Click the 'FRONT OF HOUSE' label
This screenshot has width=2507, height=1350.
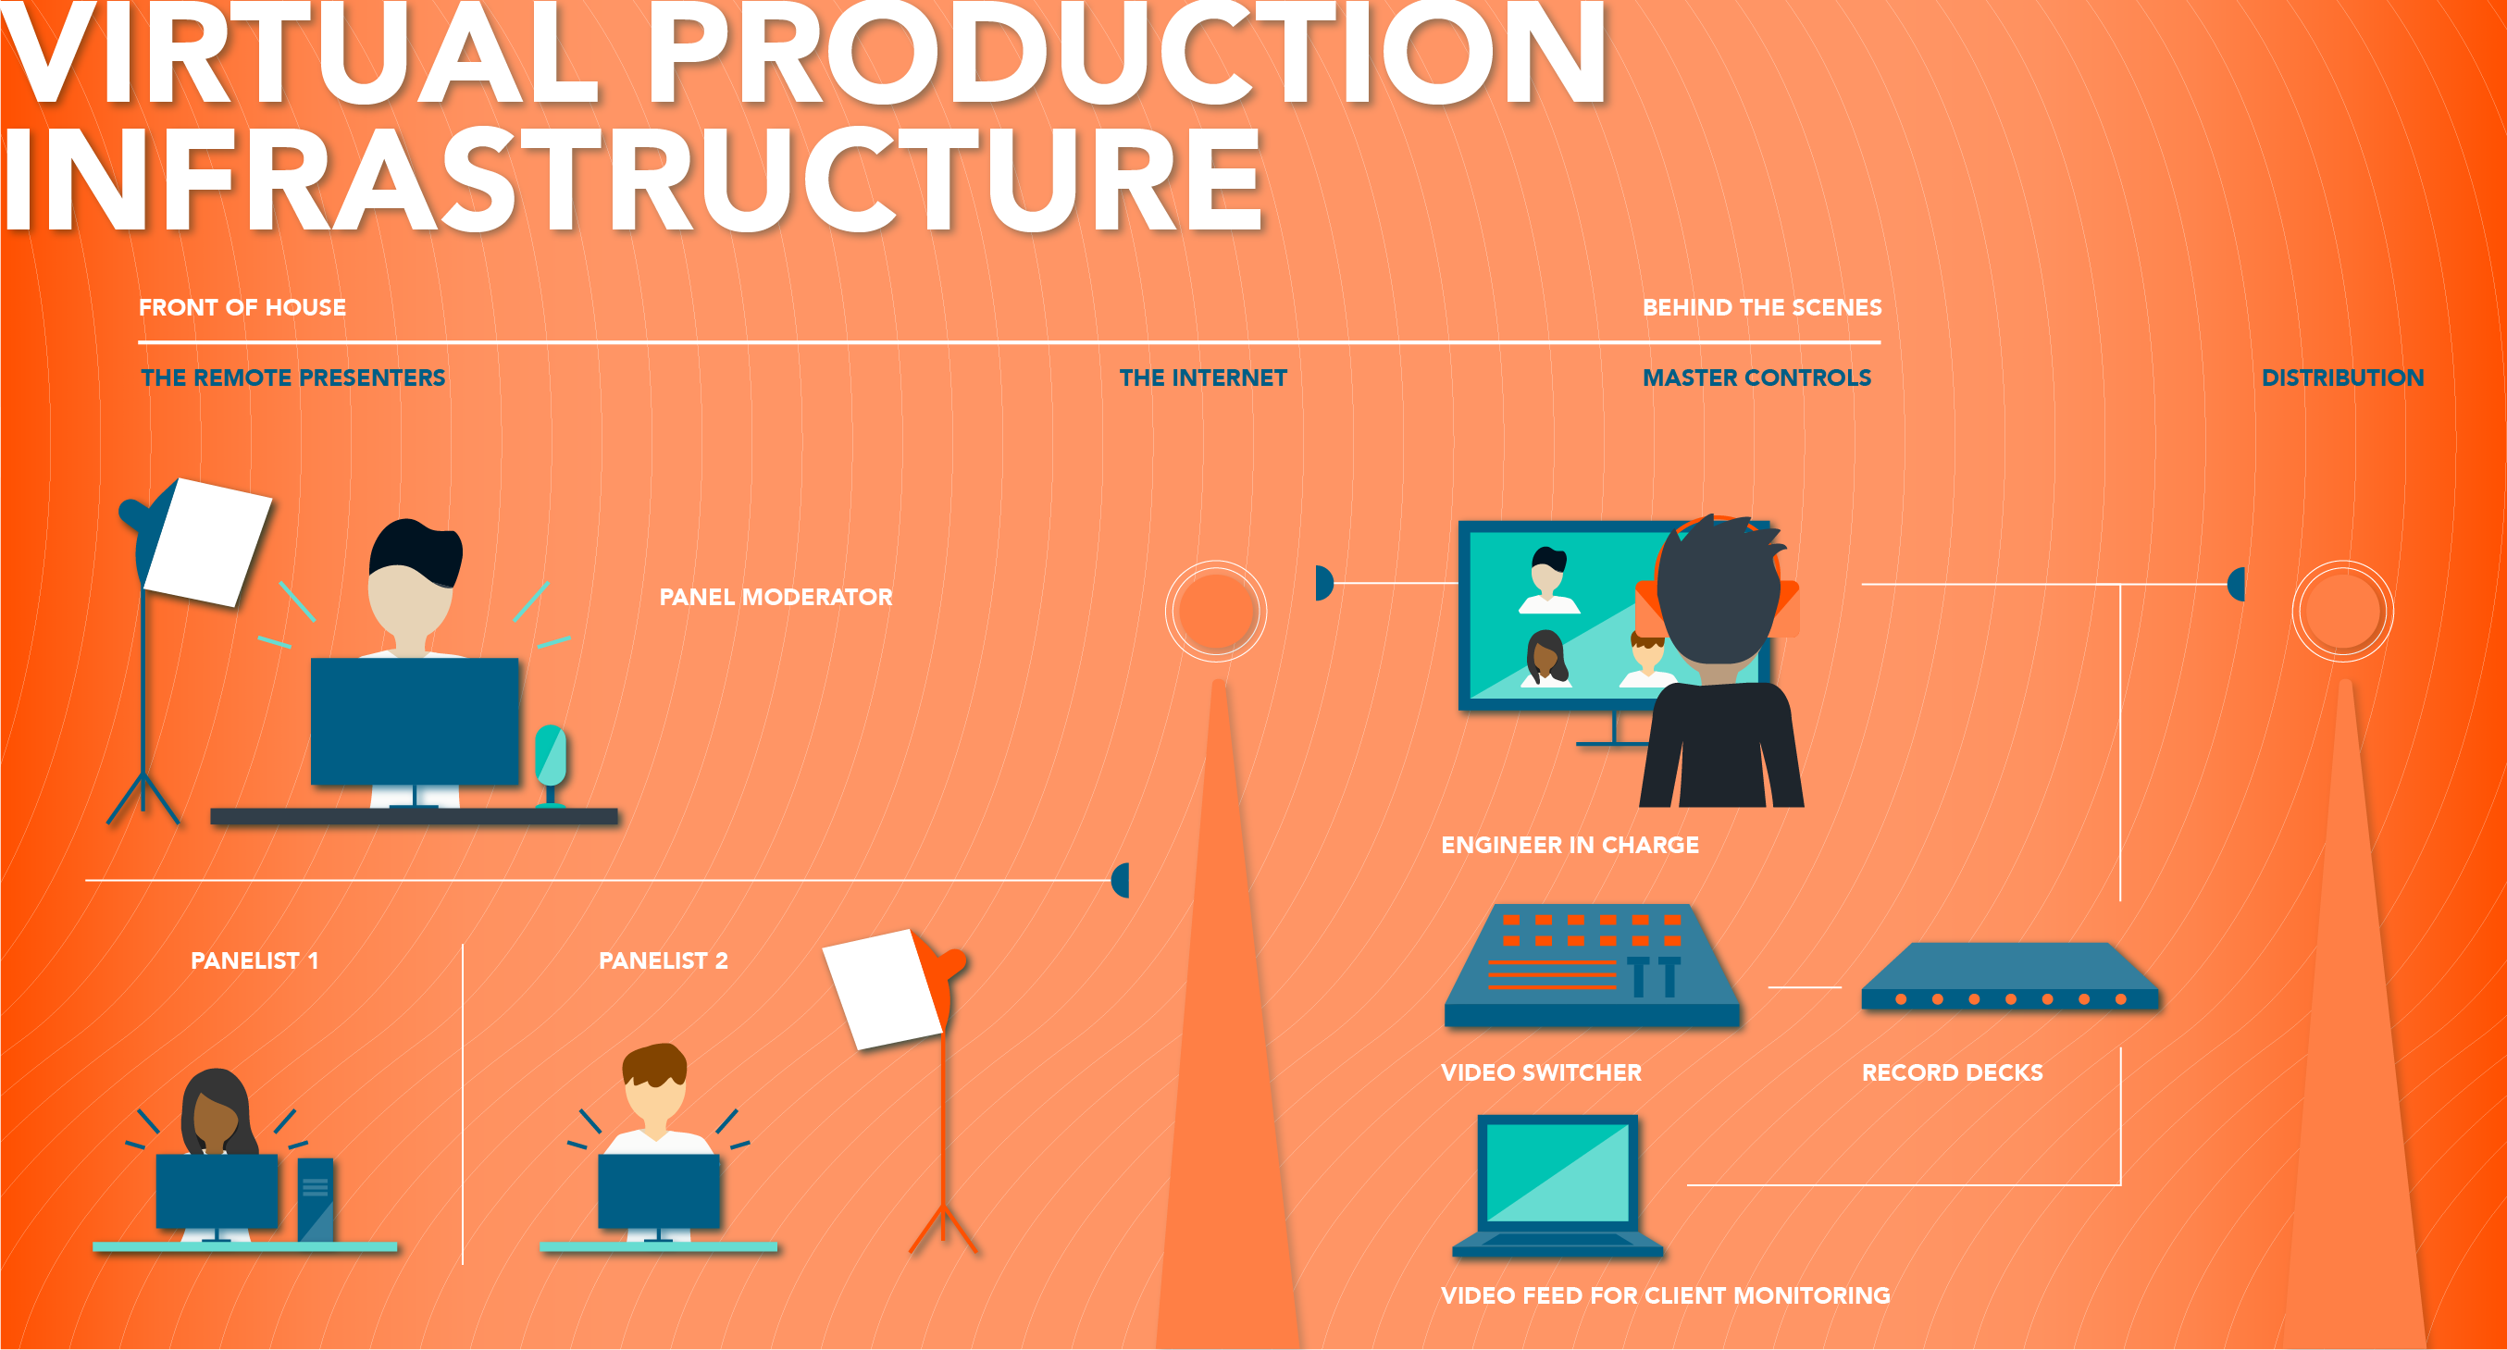pyautogui.click(x=242, y=307)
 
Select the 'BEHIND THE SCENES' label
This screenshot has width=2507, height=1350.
pyautogui.click(x=1761, y=307)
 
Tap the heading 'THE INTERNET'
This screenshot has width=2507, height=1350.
pyautogui.click(x=1203, y=378)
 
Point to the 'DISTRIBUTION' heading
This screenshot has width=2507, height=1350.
pyautogui.click(x=2342, y=378)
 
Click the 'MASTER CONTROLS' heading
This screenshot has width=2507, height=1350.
pyautogui.click(x=1756, y=378)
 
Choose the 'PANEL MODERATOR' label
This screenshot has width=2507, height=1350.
pyautogui.click(x=776, y=597)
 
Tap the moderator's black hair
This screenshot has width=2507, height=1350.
pyautogui.click(x=416, y=551)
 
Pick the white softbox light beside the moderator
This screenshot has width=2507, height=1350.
pyautogui.click(x=207, y=542)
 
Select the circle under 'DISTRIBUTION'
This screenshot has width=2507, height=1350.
pyautogui.click(x=2342, y=612)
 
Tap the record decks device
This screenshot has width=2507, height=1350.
pyautogui.click(x=2010, y=976)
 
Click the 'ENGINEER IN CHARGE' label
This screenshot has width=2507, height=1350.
pyautogui.click(x=1570, y=845)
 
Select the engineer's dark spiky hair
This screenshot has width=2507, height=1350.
pyautogui.click(x=1720, y=588)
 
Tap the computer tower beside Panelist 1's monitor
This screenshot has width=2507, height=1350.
pyautogui.click(x=316, y=1199)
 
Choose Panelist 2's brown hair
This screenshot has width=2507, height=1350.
pyautogui.click(x=655, y=1064)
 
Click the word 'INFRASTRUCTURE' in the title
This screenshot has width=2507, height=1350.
pyautogui.click(x=633, y=180)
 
